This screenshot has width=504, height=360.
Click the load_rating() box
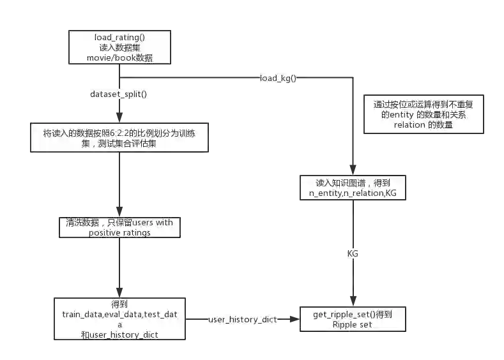(x=120, y=47)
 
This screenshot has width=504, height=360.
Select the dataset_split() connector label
(x=121, y=94)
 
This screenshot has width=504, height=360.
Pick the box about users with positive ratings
(x=120, y=228)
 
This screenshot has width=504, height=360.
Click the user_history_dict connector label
(x=243, y=319)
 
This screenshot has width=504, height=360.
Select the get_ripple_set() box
(x=353, y=319)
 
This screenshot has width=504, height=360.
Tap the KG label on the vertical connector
(x=353, y=253)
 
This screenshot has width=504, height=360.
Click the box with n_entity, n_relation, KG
(x=353, y=188)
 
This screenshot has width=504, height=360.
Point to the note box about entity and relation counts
(x=424, y=116)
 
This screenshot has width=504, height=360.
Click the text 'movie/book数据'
(x=120, y=59)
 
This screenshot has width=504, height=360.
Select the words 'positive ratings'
(x=120, y=233)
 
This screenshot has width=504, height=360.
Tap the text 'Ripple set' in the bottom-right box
(x=353, y=325)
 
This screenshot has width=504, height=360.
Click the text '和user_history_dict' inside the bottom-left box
(x=120, y=334)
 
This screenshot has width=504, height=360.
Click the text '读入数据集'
(x=120, y=48)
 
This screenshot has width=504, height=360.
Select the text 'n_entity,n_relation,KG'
(x=353, y=193)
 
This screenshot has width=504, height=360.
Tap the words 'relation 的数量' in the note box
(x=424, y=125)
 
